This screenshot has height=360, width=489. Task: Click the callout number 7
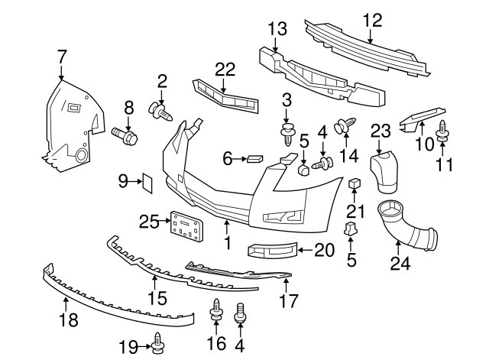pyautogui.click(x=62, y=56)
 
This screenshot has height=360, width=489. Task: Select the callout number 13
pyautogui.click(x=277, y=29)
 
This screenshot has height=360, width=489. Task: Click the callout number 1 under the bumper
pyautogui.click(x=227, y=243)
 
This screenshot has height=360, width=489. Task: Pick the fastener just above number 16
pyautogui.click(x=215, y=311)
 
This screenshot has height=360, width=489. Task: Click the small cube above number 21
pyautogui.click(x=355, y=183)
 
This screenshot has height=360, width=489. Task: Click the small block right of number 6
pyautogui.click(x=254, y=159)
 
